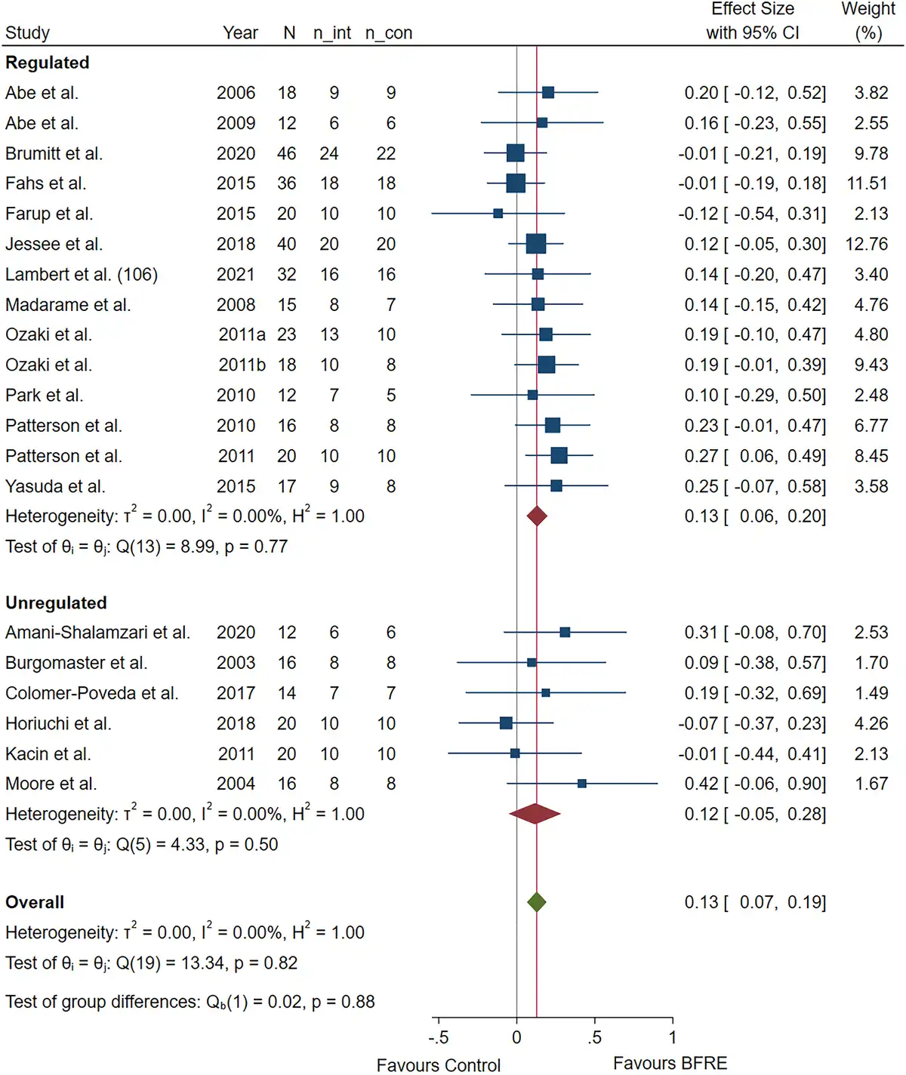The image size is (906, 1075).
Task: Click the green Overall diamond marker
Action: point(536,902)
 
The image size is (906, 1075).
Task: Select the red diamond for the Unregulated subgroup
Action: point(535,814)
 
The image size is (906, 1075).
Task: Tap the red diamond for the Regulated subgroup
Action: point(537,516)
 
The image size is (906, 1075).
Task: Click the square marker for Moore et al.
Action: point(581,784)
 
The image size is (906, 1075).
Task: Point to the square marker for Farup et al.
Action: point(498,214)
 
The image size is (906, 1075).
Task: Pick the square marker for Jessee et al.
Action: point(536,244)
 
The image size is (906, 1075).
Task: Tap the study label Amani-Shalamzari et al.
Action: point(97,633)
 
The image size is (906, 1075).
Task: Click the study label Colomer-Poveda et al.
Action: point(91,693)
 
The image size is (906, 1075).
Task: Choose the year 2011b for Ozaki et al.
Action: point(242,365)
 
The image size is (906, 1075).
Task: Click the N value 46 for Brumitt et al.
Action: point(287,153)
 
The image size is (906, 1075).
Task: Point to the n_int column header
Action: point(332,33)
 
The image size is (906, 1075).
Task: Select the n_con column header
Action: point(389,33)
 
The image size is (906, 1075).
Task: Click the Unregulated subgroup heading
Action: point(56,602)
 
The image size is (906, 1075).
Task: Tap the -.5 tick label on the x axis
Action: point(439,1037)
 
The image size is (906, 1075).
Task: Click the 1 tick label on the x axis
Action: point(673,1037)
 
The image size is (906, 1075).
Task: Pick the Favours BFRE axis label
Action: point(670,1064)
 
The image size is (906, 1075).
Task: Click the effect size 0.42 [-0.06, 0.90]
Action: point(755,784)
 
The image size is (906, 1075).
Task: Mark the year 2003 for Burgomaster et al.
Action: point(236,663)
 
